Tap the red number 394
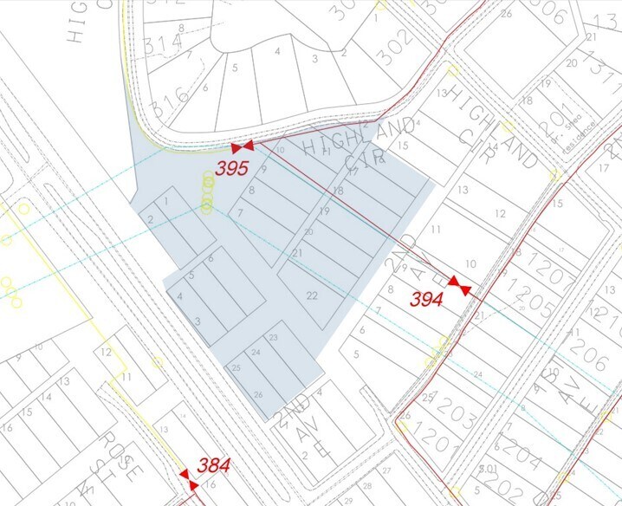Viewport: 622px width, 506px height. (427, 300)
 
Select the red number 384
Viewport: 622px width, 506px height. (213, 465)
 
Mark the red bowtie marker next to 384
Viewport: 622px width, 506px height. (184, 474)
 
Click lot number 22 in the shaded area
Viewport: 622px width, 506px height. (311, 295)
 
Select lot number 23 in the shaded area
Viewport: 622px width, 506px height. (273, 336)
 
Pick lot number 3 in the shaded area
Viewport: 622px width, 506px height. (198, 321)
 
